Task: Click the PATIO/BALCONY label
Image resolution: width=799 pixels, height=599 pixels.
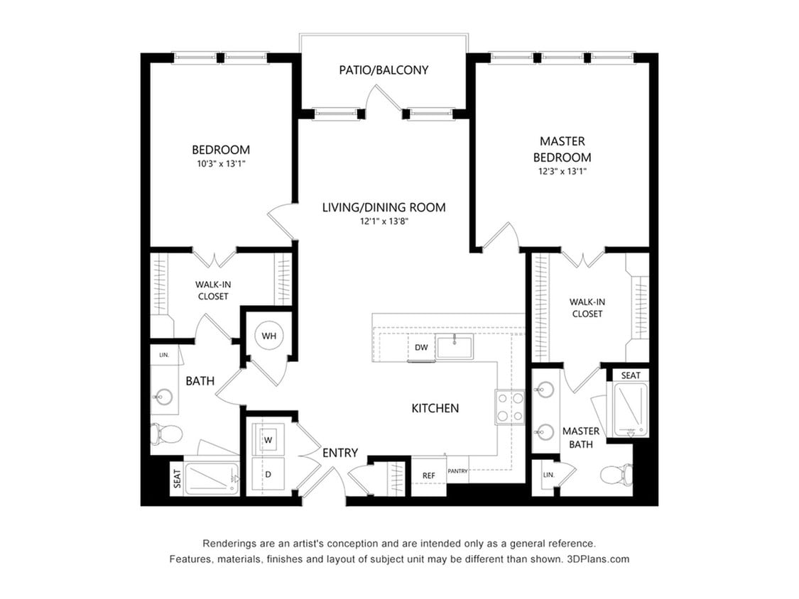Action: (384, 70)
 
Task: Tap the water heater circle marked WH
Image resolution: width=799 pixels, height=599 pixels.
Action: (269, 335)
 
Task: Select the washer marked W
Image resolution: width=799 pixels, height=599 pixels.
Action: (268, 440)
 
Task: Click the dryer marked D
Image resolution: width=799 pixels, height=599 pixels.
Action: (268, 473)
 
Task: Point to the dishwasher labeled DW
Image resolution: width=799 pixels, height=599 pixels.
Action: (421, 347)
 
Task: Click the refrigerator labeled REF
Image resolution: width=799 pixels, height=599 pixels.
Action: (429, 476)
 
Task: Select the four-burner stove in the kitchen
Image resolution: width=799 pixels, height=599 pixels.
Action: (509, 407)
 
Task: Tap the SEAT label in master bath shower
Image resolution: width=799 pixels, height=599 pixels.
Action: (631, 375)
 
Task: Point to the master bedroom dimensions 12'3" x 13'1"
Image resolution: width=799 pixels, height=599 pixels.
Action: (562, 171)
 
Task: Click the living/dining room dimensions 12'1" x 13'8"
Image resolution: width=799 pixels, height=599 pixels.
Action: (384, 221)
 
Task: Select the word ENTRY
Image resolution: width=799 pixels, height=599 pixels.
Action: (340, 453)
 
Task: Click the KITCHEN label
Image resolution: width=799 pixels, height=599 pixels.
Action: (435, 408)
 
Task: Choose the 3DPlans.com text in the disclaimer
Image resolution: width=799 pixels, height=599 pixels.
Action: (598, 559)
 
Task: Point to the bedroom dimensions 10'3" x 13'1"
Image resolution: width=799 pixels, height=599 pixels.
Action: (220, 163)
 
